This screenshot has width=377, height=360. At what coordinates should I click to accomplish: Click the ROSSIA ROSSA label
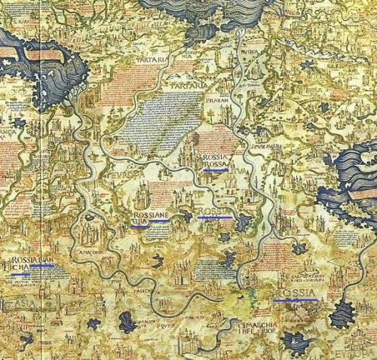(216, 160)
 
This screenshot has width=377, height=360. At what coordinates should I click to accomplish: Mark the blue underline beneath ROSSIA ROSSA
(216, 171)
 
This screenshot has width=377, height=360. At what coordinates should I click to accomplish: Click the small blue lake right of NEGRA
(243, 222)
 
